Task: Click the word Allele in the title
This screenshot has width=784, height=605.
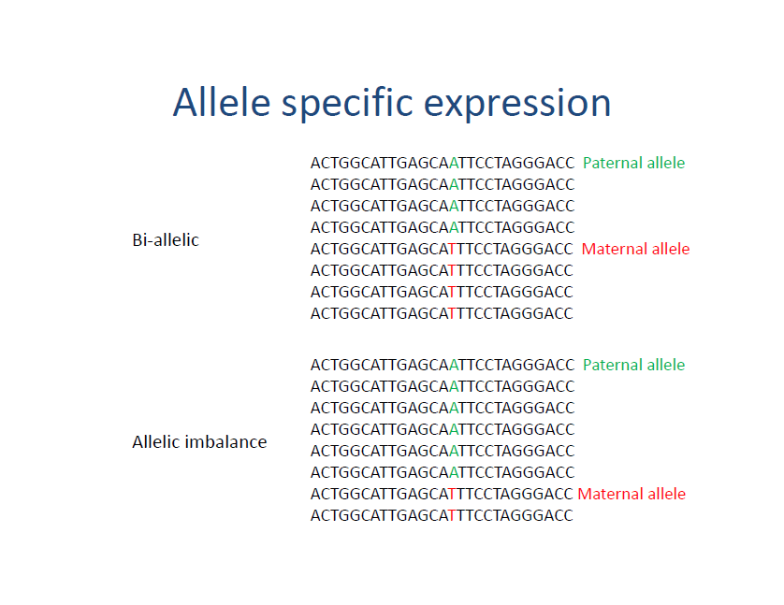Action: point(222,102)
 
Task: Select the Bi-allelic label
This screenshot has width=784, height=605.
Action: point(166,240)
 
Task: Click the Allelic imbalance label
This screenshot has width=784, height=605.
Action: point(199,441)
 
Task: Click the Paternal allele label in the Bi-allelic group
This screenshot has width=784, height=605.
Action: point(633,163)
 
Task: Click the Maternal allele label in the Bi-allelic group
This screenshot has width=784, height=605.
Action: point(635,249)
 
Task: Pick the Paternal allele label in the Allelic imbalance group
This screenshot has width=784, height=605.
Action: point(633,365)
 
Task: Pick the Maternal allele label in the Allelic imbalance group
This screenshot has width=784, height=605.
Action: point(632,494)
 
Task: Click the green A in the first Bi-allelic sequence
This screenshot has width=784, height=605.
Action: point(454,163)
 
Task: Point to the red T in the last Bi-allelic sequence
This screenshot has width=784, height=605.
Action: point(453,313)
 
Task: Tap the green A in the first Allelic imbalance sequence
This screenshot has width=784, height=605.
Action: point(454,365)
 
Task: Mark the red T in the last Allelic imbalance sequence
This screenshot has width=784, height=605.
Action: point(453,515)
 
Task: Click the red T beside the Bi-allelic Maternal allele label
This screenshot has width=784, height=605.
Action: point(453,249)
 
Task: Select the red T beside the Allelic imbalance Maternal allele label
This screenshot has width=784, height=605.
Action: point(453,494)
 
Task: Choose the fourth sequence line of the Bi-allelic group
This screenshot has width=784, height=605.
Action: point(442,227)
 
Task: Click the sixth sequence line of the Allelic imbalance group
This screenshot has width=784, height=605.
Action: point(442,472)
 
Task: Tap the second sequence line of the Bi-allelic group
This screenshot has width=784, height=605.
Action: point(442,184)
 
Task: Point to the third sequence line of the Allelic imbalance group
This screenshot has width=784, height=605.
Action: point(442,408)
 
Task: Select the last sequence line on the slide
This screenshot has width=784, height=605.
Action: point(442,515)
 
